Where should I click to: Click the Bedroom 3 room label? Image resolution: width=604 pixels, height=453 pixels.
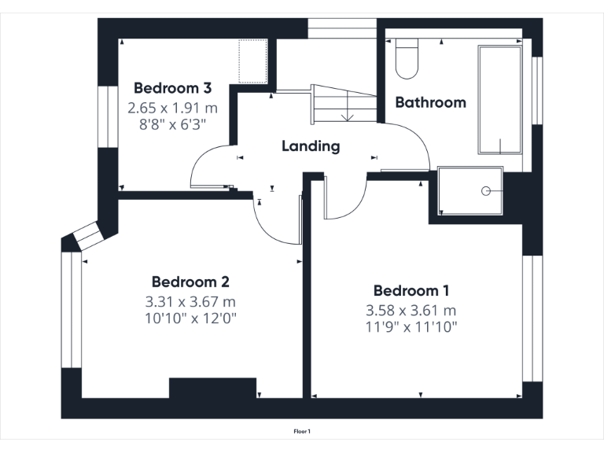172,87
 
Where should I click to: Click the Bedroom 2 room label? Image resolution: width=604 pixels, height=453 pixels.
190,282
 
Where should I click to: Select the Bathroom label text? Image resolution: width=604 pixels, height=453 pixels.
430,102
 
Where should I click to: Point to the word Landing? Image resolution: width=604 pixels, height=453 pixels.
311,146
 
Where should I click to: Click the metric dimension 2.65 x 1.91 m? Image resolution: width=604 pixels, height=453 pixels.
172,108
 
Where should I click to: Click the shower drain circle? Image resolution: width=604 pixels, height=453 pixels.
486,190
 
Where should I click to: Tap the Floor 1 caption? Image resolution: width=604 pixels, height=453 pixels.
302,431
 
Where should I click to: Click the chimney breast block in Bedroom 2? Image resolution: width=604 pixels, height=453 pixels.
213,388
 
